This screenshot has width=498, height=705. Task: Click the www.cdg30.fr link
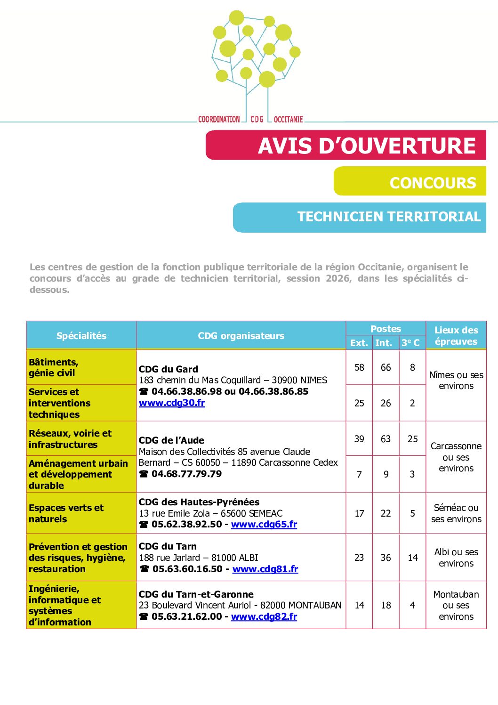pos(172,403)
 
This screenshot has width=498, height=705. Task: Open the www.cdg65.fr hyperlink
pos(264,524)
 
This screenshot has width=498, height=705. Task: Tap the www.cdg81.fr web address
pos(265,569)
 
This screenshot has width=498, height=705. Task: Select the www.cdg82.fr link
pos(264,616)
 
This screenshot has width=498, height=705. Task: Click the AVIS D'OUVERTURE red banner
pos(345,146)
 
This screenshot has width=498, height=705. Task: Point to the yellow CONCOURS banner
pos(410,182)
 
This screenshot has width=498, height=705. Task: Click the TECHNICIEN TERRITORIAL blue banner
pos(359,217)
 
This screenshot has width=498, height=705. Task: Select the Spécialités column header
pos(81,336)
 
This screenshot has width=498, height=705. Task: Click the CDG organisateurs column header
pos(241,336)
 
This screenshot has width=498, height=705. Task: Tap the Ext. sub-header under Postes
pos(359,343)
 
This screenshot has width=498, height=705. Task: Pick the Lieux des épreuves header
pos(456,336)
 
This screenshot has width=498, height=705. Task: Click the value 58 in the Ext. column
pos(359,367)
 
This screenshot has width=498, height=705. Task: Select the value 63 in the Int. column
pos(386,439)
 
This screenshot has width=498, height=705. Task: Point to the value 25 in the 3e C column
pos(412,439)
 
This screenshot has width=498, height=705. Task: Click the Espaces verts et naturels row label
pos(66,513)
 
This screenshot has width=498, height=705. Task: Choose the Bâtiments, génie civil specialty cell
pos(54,367)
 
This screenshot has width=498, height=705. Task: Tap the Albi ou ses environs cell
pos(456,558)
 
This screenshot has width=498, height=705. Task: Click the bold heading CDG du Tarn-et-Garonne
pos(196,594)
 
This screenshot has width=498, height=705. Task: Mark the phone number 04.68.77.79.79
pos(186,474)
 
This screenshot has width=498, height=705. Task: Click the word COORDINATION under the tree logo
pos(219,120)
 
